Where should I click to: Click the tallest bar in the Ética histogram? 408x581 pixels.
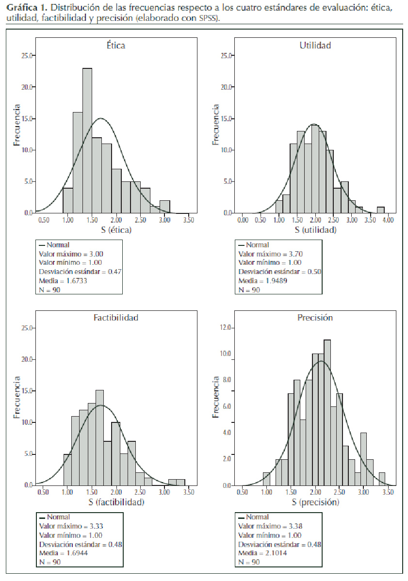87,141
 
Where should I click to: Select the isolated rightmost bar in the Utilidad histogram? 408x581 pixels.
381,210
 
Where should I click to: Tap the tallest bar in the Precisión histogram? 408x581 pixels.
327,412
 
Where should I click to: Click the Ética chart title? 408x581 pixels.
116,46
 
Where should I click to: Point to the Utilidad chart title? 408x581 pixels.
315,46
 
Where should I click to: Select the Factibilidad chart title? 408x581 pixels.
116,318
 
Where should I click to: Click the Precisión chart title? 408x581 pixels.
315,318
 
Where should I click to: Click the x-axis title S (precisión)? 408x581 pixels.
316,502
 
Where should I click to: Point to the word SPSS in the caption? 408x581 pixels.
208,18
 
